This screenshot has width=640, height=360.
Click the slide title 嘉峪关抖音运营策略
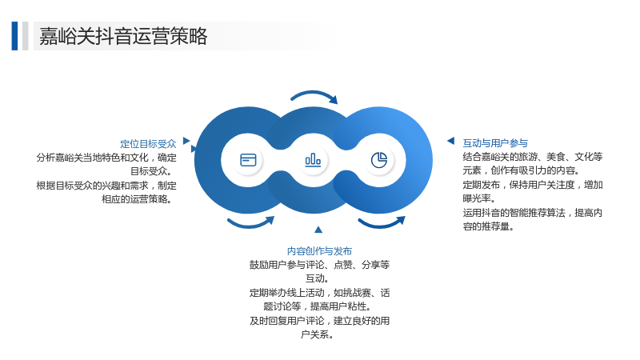[123, 36]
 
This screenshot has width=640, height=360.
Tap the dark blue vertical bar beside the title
[14, 36]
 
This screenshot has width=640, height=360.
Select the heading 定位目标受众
[148, 144]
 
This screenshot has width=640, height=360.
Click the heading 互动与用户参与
[495, 143]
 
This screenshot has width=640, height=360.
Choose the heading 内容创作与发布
[319, 251]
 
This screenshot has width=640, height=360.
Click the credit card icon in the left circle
[248, 160]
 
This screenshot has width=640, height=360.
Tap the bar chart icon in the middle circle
[313, 159]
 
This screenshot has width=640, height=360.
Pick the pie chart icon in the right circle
[378, 160]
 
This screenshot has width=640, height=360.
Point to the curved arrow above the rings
[314, 94]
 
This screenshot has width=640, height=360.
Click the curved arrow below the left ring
[250, 224]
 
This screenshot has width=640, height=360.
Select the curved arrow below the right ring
[382, 224]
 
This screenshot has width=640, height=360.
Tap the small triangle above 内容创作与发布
[318, 230]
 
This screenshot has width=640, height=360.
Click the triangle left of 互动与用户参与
[451, 141]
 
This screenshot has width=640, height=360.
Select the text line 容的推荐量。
[488, 226]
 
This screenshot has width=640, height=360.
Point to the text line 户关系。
[318, 334]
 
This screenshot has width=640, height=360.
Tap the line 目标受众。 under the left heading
[153, 171]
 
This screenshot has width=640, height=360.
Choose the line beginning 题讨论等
[318, 306]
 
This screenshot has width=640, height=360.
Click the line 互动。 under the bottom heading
[318, 278]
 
